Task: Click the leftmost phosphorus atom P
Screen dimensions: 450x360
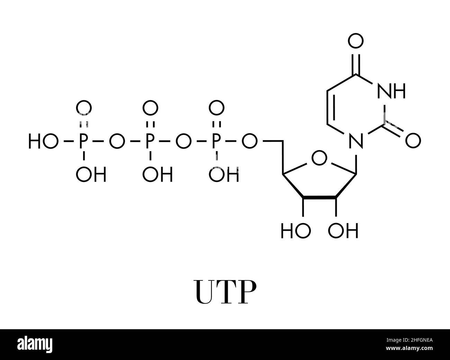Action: point(83,142)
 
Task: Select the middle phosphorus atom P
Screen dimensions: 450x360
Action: point(150,142)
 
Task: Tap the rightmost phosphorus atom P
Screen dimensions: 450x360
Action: point(216,142)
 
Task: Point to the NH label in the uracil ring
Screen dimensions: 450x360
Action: point(391,91)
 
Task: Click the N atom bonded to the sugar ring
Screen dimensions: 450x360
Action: point(356,142)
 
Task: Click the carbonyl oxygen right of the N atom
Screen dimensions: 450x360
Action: point(413,141)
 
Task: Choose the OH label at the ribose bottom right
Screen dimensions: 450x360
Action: point(343,231)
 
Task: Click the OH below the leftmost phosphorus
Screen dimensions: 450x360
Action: point(91,175)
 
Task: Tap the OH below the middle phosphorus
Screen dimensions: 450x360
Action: point(157,175)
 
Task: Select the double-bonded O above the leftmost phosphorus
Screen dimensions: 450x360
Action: point(83,108)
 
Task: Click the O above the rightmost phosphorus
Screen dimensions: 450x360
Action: point(216,108)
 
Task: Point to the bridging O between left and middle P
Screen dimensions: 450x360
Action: point(116,142)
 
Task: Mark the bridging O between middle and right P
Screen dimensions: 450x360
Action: point(183,142)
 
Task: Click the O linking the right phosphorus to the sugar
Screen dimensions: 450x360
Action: point(249,142)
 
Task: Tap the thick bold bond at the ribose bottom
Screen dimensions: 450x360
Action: point(319,197)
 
